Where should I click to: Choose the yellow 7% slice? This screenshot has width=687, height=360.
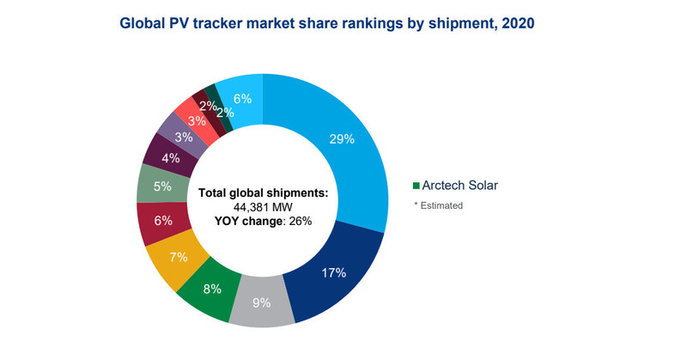pyautogui.click(x=176, y=257)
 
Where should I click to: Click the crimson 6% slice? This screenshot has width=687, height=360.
pyautogui.click(x=161, y=220)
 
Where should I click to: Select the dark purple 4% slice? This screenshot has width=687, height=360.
pyautogui.click(x=170, y=157)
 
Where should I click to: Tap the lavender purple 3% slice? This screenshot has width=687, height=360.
pyautogui.click(x=184, y=137)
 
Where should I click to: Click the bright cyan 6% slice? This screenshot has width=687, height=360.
pyautogui.click(x=241, y=98)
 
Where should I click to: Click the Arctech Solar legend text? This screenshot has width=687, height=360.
pyautogui.click(x=461, y=185)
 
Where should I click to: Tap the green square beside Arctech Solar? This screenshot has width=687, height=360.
pyautogui.click(x=416, y=186)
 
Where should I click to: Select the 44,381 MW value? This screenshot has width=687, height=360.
pyautogui.click(x=263, y=208)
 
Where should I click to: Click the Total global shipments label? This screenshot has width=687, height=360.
pyautogui.click(x=263, y=193)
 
